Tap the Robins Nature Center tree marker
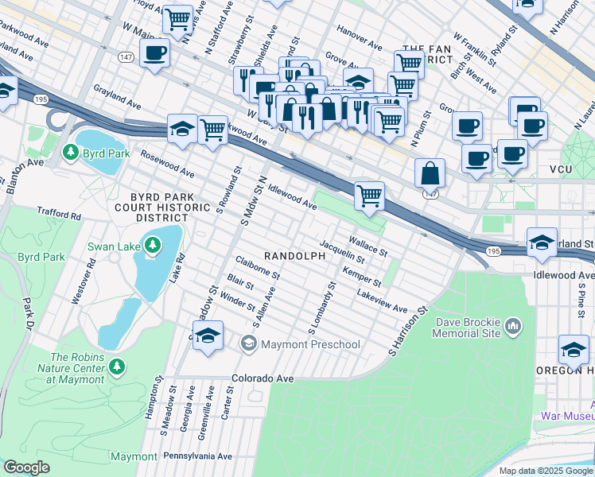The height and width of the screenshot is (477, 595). click(117, 366)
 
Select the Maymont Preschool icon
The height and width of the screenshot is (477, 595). click(249, 343)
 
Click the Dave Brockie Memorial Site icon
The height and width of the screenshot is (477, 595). click(513, 326)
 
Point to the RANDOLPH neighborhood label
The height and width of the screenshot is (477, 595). click(294, 256)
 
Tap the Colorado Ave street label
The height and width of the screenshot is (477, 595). click(263, 378)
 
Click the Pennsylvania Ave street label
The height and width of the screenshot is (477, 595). click(197, 456)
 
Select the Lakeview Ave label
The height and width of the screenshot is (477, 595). click(382, 302)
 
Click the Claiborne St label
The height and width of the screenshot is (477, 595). click(257, 267)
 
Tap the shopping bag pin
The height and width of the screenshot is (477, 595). click(430, 172)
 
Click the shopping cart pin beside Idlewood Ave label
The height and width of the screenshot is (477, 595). click(369, 195)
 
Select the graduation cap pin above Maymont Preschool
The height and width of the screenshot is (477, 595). click(208, 335)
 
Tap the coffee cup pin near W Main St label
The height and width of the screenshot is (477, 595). click(154, 53)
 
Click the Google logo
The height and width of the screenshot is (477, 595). click(26, 467)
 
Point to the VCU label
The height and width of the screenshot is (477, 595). click(566, 169)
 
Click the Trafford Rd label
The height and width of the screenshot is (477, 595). click(59, 215)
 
